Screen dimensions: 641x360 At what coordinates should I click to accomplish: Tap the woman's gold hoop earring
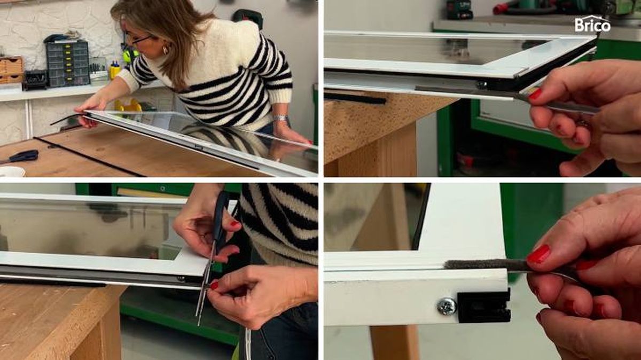point(166,50)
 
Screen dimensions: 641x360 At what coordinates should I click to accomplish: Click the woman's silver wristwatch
point(280,118)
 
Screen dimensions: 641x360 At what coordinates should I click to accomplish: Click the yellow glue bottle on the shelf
point(115,70)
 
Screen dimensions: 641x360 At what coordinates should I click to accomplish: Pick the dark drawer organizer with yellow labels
point(67,63)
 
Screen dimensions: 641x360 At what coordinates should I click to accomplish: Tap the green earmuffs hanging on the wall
point(129,55)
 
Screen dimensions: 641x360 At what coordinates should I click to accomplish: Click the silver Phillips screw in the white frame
point(447,306)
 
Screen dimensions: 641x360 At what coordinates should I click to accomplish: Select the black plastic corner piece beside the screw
point(483,306)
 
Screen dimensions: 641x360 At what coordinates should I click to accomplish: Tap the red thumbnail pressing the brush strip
point(538,254)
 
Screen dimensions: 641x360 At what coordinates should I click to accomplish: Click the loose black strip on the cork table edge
point(355,99)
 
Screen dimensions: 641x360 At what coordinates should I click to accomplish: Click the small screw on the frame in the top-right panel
point(481,84)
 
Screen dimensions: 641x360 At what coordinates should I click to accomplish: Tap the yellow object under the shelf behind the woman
point(128,105)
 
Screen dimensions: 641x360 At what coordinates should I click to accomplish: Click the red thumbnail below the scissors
point(214,285)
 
